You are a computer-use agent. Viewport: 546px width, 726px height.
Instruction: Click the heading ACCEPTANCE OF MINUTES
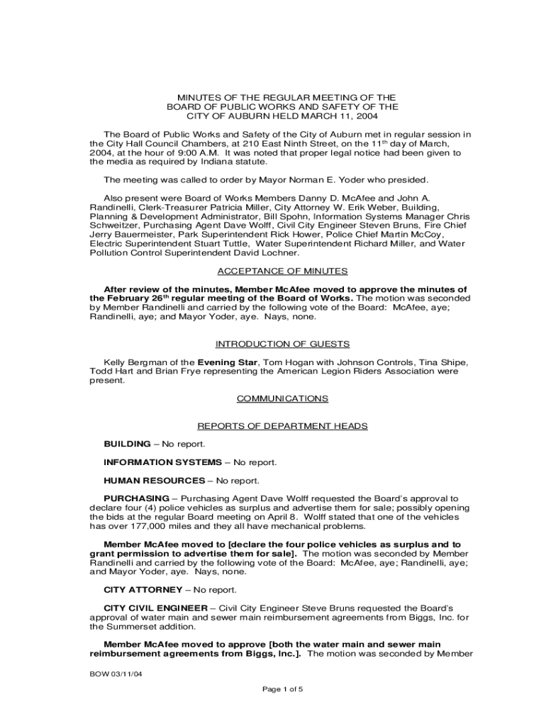282,271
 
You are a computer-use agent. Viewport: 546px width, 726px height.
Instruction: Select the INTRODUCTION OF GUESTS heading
282,344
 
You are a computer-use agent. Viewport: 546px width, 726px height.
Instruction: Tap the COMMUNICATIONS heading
282,398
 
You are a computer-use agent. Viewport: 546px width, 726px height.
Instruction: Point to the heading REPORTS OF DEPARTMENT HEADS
282,426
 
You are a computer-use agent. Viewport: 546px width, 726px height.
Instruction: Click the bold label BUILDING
127,444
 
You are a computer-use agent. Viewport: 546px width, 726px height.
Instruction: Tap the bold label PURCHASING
136,498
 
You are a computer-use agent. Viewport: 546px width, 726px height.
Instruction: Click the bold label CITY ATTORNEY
141,590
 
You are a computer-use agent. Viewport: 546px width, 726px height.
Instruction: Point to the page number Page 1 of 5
282,689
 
